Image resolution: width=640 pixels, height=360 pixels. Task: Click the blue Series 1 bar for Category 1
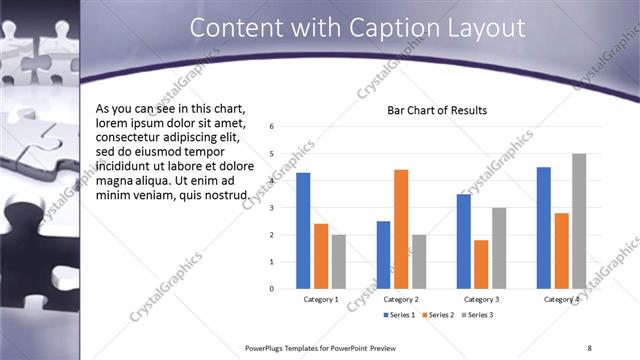coord(303,231)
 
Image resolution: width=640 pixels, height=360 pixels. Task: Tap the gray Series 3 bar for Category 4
coord(579,221)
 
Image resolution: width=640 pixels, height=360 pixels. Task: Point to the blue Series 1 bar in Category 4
coord(544,228)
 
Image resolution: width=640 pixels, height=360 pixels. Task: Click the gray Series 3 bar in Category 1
coord(339,261)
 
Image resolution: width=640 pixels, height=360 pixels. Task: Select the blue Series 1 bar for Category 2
coord(383,255)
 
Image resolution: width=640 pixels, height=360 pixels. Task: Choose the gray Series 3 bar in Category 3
coord(499,248)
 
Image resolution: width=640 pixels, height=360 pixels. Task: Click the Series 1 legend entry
coord(401,315)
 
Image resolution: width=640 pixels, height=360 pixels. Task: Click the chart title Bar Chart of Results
coord(437,110)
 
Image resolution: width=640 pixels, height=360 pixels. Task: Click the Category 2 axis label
coord(401,299)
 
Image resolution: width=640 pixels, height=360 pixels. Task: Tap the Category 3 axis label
coord(481,299)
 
